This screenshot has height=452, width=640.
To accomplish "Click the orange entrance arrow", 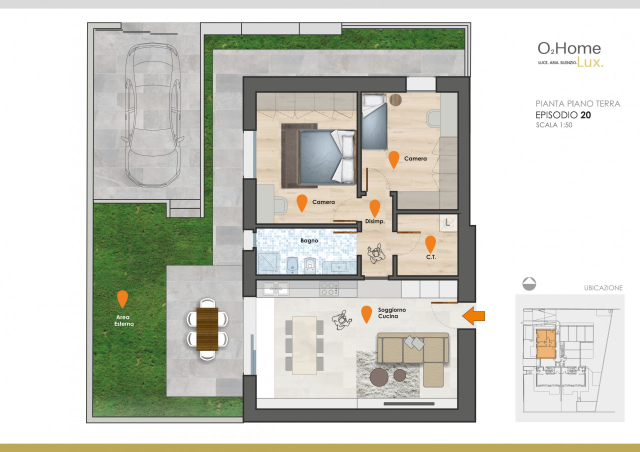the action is [x=473, y=315].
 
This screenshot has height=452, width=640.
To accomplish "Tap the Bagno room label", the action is [x=309, y=240].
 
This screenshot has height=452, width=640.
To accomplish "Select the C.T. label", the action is [x=431, y=257].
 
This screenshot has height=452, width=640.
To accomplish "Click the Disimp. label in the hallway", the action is [x=375, y=221].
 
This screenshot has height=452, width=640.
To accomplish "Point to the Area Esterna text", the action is [x=123, y=320].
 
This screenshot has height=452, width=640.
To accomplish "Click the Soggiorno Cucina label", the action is [x=391, y=313].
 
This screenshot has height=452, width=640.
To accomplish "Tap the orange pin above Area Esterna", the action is [x=122, y=299].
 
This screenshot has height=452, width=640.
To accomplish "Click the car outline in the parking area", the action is [x=153, y=115].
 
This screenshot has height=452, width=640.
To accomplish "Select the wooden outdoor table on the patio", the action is [x=207, y=329].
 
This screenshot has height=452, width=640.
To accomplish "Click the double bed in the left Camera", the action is [x=327, y=156].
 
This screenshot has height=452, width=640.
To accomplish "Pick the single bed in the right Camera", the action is [x=374, y=121].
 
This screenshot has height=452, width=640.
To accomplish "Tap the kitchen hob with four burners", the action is [x=329, y=288].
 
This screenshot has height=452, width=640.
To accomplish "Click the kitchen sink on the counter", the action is [x=275, y=288].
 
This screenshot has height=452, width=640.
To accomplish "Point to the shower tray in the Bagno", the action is [x=268, y=262].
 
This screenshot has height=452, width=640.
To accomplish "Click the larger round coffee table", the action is [x=379, y=377].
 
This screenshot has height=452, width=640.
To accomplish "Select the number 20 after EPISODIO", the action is [x=585, y=115].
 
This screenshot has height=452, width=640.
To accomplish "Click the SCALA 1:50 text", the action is [x=554, y=125].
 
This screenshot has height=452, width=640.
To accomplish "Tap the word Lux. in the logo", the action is [x=590, y=61].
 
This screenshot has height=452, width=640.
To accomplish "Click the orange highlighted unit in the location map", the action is [x=546, y=343].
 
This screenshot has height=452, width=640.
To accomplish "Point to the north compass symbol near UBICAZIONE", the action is [x=529, y=283].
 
